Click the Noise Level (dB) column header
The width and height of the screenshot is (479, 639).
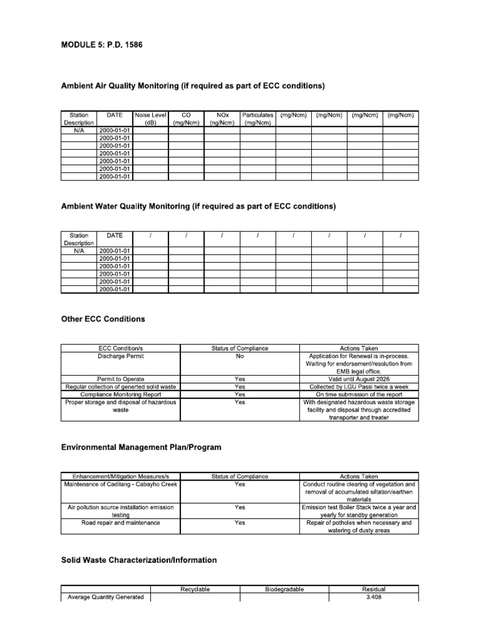point(150,119)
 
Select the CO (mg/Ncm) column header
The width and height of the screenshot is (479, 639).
point(186,119)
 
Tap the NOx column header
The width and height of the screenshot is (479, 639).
point(222,119)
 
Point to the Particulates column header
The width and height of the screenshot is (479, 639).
point(258,119)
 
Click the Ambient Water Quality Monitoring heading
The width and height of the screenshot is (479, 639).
point(198,206)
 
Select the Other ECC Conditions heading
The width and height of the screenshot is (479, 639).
point(103,319)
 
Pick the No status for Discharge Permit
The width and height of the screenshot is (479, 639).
point(239,356)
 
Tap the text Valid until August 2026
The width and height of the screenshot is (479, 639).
point(359,379)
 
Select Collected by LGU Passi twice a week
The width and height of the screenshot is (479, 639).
point(359,387)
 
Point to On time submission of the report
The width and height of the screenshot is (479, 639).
point(359,394)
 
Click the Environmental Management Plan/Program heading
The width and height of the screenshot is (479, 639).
point(141,447)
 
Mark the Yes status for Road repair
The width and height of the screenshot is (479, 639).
point(239,523)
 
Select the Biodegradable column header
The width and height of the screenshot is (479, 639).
point(284,589)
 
